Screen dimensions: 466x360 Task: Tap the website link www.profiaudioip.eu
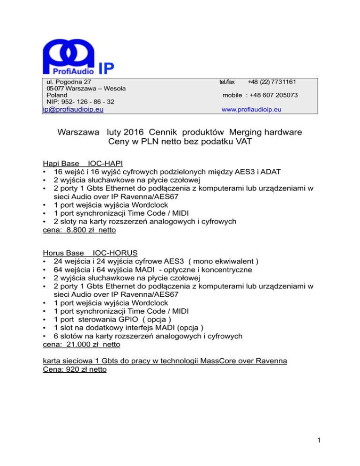click(x=251, y=110)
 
